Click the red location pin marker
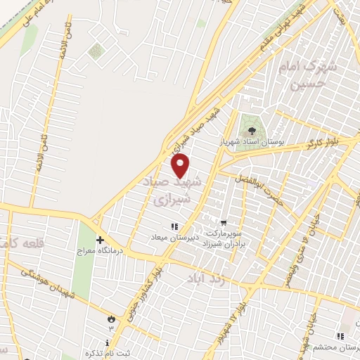(x=181, y=166)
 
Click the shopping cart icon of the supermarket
(x=224, y=223)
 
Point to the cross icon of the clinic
(x=100, y=238)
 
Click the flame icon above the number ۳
(x=110, y=319)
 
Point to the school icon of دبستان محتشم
(x=341, y=337)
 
